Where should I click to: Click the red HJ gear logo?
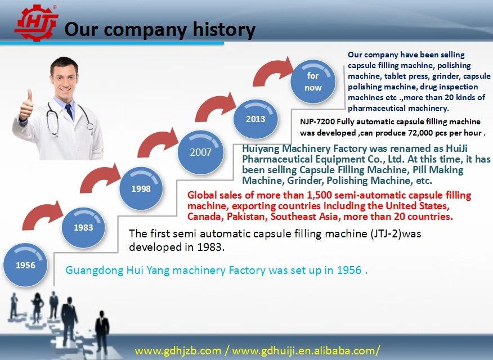tap(36, 22)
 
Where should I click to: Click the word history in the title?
tap(224, 30)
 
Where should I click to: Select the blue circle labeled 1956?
tap(25, 265)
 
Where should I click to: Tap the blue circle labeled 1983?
tap(83, 227)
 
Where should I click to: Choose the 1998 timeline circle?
tap(141, 188)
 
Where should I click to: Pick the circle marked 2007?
tap(200, 152)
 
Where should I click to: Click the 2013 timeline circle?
tap(256, 119)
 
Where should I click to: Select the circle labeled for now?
tap(313, 82)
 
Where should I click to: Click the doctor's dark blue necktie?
tap(70, 111)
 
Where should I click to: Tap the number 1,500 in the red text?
tap(319, 195)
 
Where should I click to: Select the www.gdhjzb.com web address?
tap(178, 350)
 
